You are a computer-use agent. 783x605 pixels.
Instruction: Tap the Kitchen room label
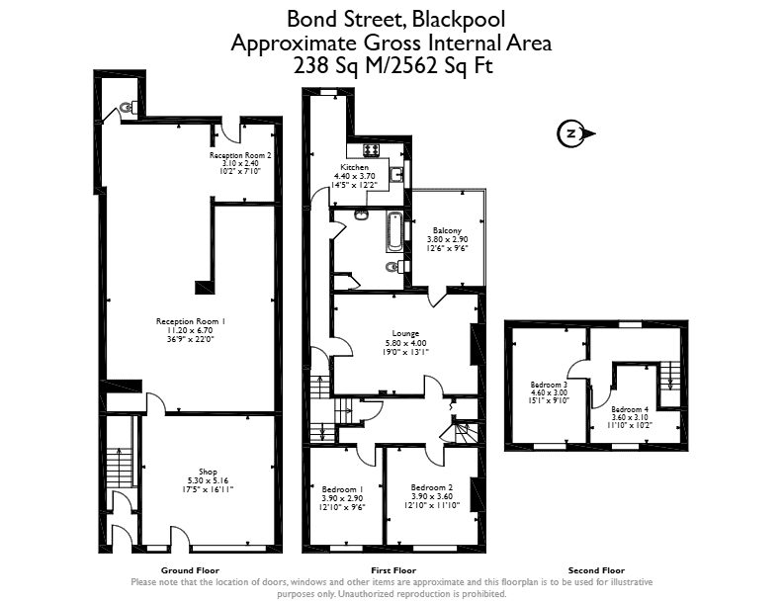coord(355,167)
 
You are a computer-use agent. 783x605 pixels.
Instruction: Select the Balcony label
coord(447,230)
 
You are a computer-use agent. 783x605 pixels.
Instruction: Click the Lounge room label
coord(405,333)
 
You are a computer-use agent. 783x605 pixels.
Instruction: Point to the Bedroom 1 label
coord(342,489)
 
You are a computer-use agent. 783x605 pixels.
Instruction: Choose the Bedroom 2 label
coord(432,487)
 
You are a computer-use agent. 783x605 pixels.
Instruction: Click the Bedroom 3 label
coord(549,385)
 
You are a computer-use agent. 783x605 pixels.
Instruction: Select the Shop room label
coord(208,472)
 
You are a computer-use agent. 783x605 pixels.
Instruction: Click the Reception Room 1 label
coord(191,321)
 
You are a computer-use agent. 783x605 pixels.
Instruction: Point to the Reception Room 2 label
coord(240,155)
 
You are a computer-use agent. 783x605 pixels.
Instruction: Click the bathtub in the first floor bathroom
coord(394,231)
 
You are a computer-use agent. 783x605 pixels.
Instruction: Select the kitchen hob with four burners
coord(371,149)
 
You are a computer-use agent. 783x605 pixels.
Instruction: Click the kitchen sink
coord(396,175)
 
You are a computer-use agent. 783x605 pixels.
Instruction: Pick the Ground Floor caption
coord(190,570)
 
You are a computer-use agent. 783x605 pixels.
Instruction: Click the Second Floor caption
coord(596,570)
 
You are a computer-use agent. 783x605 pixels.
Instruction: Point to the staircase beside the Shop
coord(119,469)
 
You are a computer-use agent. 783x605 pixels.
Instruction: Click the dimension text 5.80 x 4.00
coord(405,343)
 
